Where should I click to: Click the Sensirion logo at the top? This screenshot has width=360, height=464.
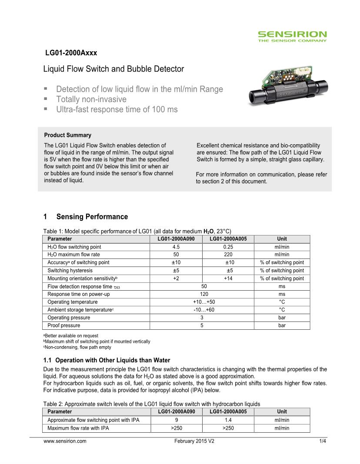(292, 36)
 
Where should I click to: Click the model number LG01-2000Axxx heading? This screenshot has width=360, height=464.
(71, 53)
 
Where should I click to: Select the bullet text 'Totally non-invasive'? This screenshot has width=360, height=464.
(91, 99)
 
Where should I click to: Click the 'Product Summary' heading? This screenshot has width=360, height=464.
(68, 135)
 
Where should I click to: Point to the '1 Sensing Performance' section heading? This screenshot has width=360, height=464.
(86, 217)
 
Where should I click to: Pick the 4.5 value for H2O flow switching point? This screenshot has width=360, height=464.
(176, 247)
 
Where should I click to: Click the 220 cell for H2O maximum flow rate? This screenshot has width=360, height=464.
(228, 255)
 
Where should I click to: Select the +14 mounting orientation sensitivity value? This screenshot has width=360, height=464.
(228, 278)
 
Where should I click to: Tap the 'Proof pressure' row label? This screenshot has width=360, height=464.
(64, 325)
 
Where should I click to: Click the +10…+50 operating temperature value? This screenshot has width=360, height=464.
(203, 302)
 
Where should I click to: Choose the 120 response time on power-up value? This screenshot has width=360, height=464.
(203, 294)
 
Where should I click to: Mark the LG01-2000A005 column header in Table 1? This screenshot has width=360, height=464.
(228, 239)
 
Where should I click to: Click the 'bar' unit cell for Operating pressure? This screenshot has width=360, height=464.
(282, 318)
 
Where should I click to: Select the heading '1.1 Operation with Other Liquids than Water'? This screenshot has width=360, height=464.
(107, 360)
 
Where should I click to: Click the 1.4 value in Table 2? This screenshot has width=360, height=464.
(228, 420)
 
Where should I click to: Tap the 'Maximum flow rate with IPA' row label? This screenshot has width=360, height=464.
(78, 428)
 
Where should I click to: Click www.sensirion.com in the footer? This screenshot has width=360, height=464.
(65, 441)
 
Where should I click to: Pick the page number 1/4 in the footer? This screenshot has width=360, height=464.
(322, 441)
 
